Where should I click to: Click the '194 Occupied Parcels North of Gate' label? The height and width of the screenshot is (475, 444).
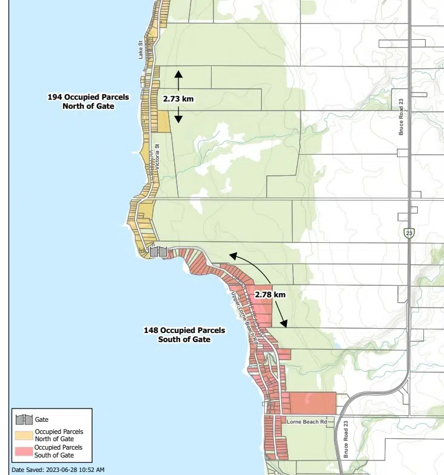[88, 101]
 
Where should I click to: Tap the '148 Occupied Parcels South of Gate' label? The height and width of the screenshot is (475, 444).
[184, 335]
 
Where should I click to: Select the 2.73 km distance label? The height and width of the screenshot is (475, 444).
[178, 98]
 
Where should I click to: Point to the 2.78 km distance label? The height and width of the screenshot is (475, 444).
[270, 294]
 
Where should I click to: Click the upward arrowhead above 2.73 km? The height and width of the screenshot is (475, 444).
[178, 74]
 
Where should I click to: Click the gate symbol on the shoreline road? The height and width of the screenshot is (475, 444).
[158, 251]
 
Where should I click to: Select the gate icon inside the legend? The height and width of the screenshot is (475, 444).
[24, 419]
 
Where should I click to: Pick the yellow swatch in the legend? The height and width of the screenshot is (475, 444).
[24, 435]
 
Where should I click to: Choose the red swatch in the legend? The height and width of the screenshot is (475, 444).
[24, 451]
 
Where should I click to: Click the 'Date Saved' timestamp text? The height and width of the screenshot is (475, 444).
[58, 470]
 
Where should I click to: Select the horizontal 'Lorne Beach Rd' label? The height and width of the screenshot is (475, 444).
[307, 421]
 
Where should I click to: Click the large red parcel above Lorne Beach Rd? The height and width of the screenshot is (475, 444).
[312, 402]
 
